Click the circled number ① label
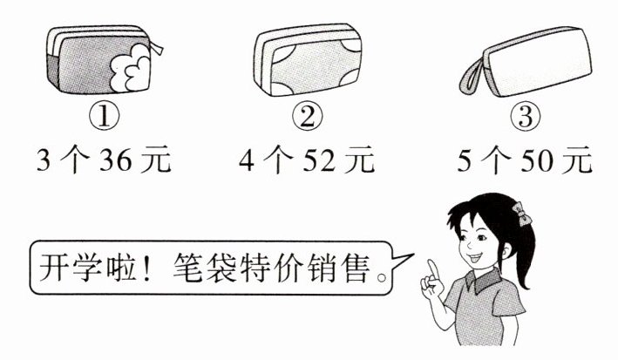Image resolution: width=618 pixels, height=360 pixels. [104, 117]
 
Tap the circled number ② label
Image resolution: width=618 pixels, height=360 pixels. [308, 116]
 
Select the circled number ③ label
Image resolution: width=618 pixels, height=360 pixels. [526, 116]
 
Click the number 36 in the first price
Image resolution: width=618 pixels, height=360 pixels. [115, 160]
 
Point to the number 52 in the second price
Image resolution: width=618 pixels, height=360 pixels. [318, 160]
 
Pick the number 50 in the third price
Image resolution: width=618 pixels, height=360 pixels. [537, 160]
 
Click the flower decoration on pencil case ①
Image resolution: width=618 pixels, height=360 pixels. [130, 68]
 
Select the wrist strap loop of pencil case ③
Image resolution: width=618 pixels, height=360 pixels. [472, 76]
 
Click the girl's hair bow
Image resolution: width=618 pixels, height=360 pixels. [522, 214]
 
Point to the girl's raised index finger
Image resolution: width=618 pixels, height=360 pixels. [433, 269]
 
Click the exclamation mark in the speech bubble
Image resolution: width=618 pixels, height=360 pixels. [146, 268]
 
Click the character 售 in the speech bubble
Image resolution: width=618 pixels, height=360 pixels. [357, 268]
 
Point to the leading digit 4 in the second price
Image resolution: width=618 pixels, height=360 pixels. [247, 160]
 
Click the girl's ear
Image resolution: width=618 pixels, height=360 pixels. [506, 249]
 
